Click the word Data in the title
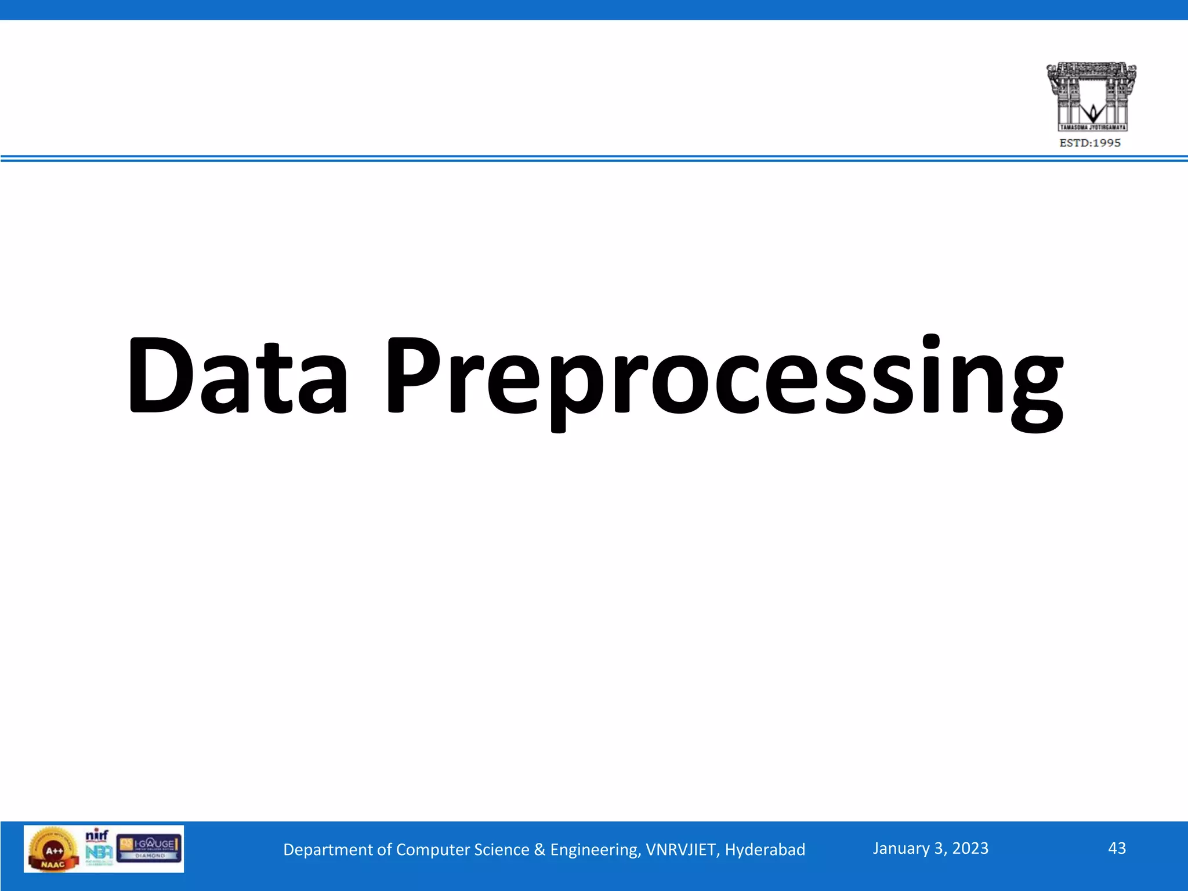click(x=238, y=376)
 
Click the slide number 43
click(x=1117, y=848)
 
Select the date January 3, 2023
click(x=930, y=849)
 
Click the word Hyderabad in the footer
click(x=765, y=850)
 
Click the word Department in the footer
click(x=328, y=850)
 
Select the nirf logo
click(x=97, y=836)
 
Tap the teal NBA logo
click(x=99, y=853)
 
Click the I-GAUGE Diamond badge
click(x=150, y=848)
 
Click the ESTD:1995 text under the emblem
click(x=1090, y=143)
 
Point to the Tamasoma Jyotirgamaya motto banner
click(x=1092, y=127)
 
